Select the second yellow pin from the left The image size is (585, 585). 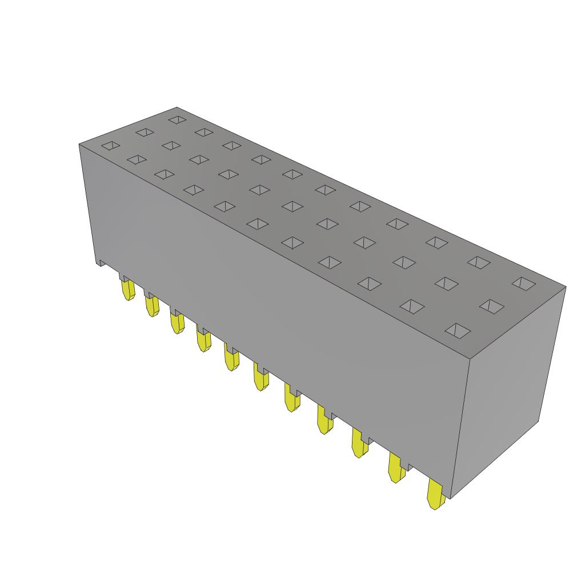click(x=151, y=306)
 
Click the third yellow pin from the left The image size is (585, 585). click(x=177, y=323)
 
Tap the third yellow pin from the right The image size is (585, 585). click(x=359, y=444)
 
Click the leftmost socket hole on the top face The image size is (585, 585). click(x=111, y=146)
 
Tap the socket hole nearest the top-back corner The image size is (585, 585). click(x=177, y=120)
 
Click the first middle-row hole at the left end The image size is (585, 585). click(x=144, y=133)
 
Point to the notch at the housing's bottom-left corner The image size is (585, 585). click(x=101, y=263)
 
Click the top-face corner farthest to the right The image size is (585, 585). click(x=566, y=286)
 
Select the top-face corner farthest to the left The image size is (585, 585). click(x=79, y=145)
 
